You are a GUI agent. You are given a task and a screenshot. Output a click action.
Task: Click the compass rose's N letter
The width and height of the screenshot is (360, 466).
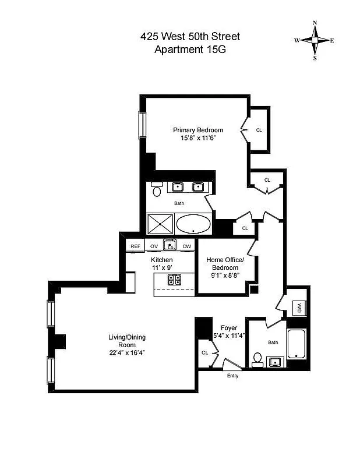[315, 23]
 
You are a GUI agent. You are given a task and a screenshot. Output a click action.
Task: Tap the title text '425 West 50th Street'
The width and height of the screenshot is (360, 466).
[190, 37]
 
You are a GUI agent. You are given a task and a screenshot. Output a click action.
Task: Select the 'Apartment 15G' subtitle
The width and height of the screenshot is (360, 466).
[190, 50]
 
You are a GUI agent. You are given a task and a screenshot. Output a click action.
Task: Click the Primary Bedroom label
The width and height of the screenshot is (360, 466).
[197, 130]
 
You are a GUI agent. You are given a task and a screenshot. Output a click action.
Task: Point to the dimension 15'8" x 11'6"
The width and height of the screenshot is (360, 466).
[197, 139]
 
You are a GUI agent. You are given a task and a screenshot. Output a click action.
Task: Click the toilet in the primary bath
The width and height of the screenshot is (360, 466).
[157, 189]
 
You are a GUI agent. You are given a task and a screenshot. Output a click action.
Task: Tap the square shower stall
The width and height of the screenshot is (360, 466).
[160, 224]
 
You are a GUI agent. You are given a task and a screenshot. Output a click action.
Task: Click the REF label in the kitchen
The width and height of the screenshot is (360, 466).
[135, 246]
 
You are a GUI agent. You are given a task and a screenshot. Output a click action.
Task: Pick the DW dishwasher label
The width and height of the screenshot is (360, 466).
[187, 246]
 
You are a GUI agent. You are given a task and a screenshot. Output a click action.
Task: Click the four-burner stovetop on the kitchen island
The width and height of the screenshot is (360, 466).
[175, 279]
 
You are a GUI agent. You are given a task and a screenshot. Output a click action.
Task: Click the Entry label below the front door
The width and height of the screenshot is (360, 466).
[233, 376]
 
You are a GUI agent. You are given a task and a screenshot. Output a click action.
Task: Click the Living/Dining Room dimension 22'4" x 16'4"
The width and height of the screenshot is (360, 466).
[126, 352]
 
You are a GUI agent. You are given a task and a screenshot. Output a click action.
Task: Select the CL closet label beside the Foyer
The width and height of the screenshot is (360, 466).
[205, 352]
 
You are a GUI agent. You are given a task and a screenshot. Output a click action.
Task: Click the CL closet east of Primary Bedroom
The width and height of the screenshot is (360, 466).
[259, 130]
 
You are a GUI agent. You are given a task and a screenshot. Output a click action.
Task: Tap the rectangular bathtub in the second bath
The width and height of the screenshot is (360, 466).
[296, 344]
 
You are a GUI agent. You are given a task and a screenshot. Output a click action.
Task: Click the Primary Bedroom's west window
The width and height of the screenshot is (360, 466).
[141, 124]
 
